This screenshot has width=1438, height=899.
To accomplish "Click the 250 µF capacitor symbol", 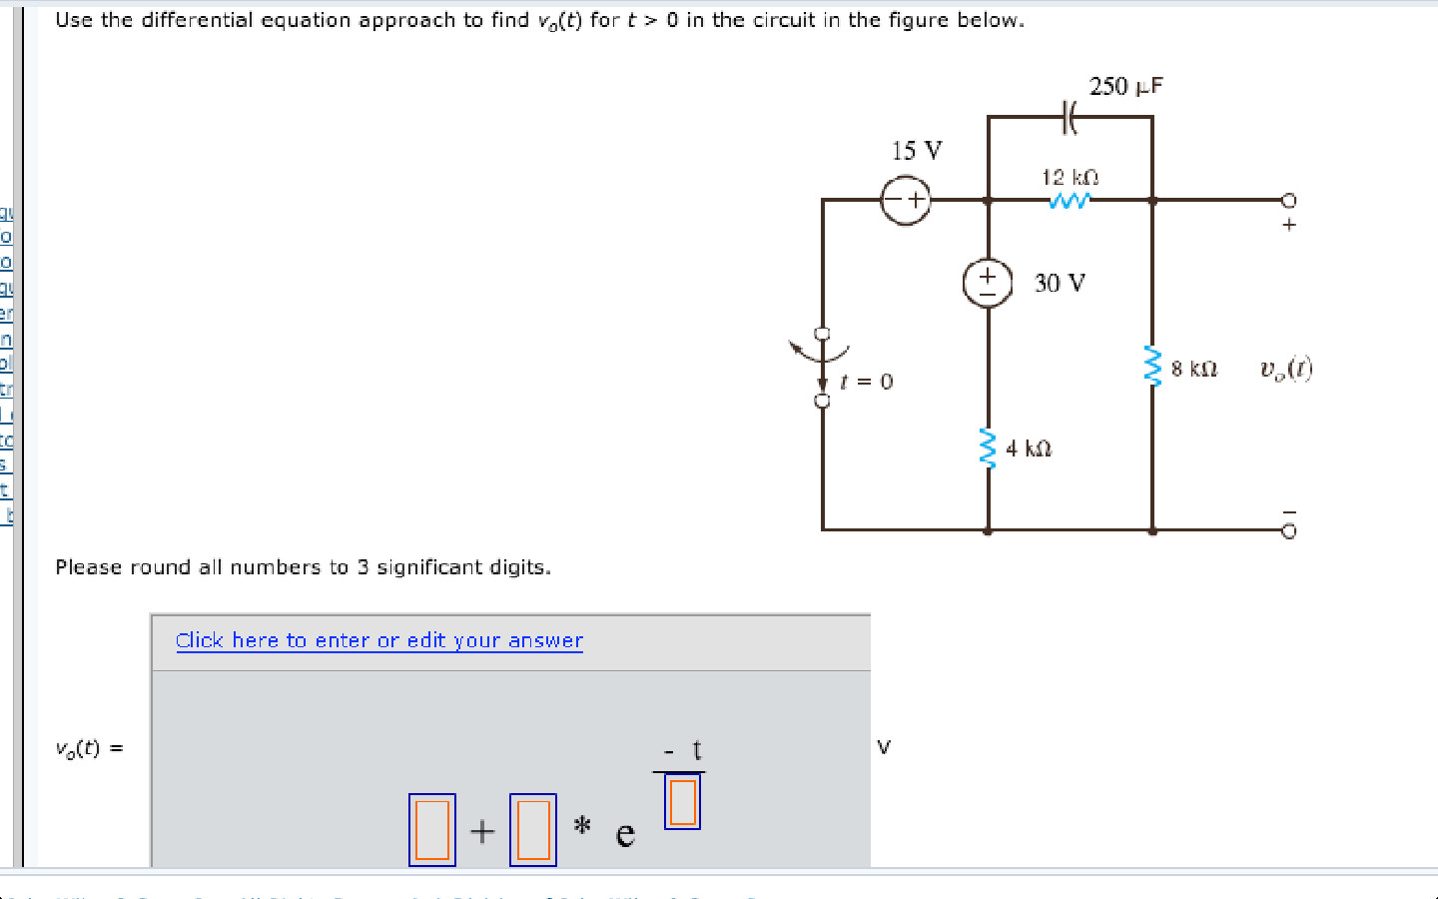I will click(x=1069, y=118).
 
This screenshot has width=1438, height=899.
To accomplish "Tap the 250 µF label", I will click(x=1125, y=86).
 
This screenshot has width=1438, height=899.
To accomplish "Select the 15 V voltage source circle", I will click(x=905, y=200).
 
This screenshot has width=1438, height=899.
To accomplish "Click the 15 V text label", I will click(x=916, y=151).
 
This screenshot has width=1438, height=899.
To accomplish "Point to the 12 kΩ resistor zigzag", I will click(x=1069, y=201).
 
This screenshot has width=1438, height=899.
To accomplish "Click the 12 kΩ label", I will click(x=1070, y=177).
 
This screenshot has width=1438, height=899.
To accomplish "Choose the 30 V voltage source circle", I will click(x=988, y=283).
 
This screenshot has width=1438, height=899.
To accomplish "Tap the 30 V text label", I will click(x=1060, y=283).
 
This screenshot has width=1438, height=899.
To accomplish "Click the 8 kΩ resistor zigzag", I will click(x=1152, y=367).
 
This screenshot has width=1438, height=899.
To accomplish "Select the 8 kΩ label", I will click(x=1194, y=369).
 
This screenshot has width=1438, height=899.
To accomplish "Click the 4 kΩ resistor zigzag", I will click(x=989, y=449).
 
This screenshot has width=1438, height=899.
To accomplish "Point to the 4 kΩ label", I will click(x=1029, y=449).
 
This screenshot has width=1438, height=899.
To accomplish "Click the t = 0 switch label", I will click(x=867, y=382).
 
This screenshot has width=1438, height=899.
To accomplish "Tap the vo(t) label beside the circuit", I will click(x=1286, y=369).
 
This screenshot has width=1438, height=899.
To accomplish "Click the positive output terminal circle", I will click(x=1288, y=200).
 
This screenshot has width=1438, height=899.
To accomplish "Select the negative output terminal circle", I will click(x=1288, y=530).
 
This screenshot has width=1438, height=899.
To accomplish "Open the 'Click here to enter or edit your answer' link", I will click(x=378, y=640).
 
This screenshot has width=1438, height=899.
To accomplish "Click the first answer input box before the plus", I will click(x=432, y=829).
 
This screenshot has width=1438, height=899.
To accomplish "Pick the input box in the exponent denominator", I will click(x=682, y=802).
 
